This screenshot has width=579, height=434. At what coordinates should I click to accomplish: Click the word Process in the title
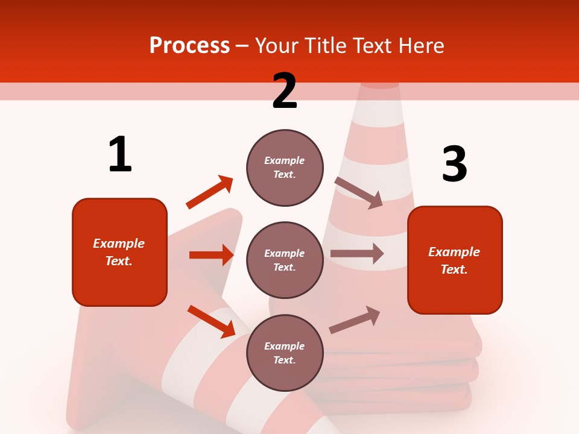[x=189, y=46]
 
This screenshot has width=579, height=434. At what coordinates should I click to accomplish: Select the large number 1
[x=120, y=154]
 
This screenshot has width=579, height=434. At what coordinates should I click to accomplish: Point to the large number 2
[x=285, y=91]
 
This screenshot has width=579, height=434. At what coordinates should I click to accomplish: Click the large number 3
[x=454, y=164]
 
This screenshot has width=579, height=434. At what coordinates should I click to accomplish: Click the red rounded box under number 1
[x=119, y=252]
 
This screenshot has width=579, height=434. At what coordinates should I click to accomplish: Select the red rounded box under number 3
[x=455, y=260]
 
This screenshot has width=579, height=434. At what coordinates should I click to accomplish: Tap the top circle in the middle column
[x=285, y=168]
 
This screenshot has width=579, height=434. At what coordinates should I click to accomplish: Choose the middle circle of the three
[x=285, y=260]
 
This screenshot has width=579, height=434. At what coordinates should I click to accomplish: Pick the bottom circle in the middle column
[x=285, y=353]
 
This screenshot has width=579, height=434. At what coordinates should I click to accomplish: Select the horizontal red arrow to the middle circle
[x=211, y=255]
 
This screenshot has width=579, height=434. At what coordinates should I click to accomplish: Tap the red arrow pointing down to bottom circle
[x=211, y=321]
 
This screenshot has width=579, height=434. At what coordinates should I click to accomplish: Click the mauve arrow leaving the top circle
[x=359, y=193]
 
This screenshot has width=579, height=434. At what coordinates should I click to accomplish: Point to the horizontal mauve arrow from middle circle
[x=356, y=254]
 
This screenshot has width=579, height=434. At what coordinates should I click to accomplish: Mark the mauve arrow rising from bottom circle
[x=355, y=320]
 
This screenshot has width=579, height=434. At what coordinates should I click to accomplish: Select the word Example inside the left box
[x=119, y=244]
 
